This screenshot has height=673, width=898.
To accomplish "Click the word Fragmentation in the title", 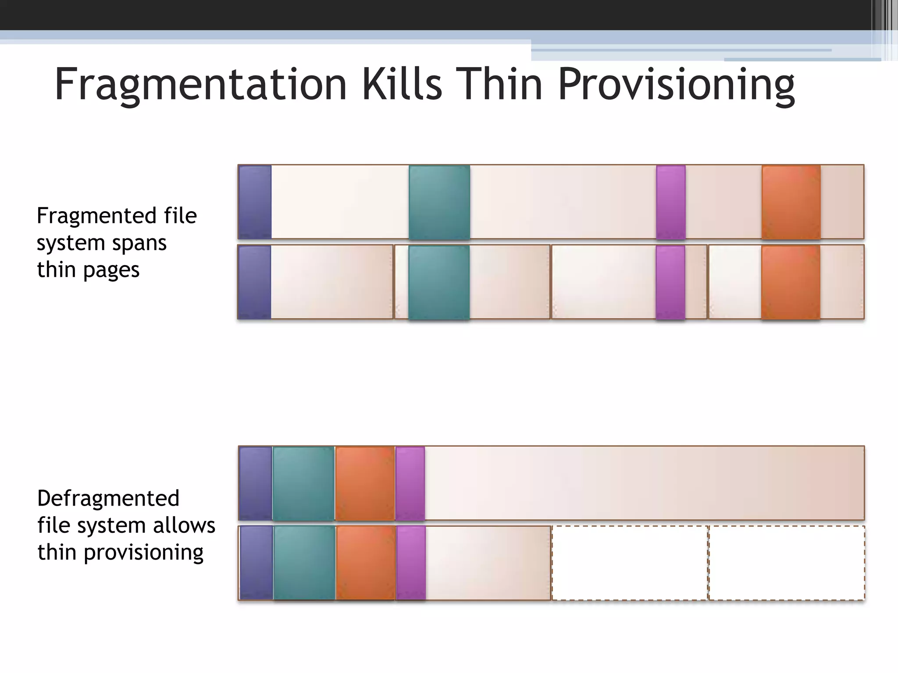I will (200, 84).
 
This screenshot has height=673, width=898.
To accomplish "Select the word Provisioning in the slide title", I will (676, 84).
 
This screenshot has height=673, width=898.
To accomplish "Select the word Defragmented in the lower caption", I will (108, 498).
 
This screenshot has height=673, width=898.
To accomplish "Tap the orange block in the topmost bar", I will (791, 202).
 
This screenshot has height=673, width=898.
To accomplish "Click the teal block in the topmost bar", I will (439, 202).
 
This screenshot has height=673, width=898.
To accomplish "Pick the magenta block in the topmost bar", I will (671, 202).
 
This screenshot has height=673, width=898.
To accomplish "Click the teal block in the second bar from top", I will (439, 282).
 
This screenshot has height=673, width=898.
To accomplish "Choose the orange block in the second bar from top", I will (791, 282).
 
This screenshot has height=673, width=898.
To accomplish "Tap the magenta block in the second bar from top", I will (670, 282).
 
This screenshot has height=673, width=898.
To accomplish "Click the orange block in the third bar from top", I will (365, 483).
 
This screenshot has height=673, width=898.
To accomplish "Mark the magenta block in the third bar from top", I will (410, 483).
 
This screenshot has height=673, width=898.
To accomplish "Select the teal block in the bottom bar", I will (304, 563).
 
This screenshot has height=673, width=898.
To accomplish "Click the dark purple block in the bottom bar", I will (257, 563).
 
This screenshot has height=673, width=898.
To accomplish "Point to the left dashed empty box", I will (630, 563).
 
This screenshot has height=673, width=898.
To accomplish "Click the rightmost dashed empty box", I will (787, 563).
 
